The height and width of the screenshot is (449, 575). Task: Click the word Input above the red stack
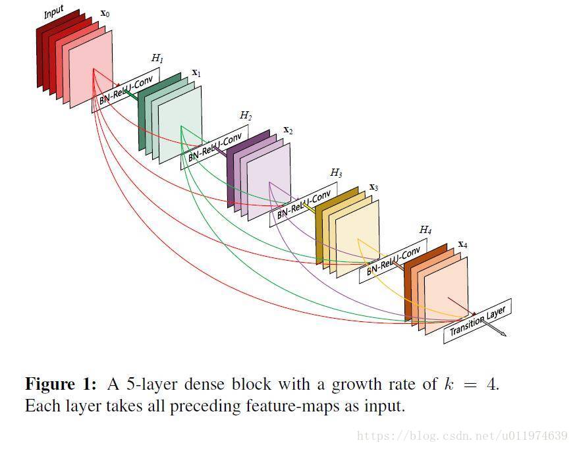[53, 13]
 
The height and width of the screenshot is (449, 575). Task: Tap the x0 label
[105, 13]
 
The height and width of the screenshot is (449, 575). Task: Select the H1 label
[157, 59]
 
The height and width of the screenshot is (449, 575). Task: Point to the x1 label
[196, 72]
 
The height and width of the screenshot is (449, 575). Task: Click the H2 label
[246, 115]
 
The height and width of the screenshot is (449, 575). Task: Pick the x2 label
[288, 130]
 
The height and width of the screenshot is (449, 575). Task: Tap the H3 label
[336, 173]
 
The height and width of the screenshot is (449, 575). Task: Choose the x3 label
[373, 187]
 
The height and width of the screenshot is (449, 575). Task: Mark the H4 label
[425, 230]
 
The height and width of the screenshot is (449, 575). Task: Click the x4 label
[462, 244]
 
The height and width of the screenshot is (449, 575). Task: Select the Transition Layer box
[478, 321]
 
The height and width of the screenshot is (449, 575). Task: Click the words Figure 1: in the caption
[60, 384]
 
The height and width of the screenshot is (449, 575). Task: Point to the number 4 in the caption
[492, 384]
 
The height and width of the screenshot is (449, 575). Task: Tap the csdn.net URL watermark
[462, 436]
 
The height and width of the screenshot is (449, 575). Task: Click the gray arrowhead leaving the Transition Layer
[503, 334]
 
